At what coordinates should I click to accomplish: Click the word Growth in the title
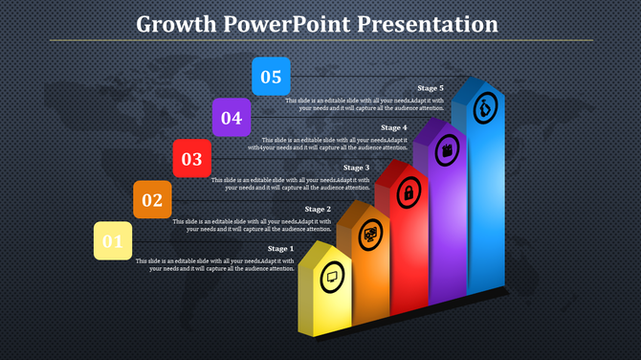174,23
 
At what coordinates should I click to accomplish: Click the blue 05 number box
271,77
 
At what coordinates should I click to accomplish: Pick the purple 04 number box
231,118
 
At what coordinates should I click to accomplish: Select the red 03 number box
191,159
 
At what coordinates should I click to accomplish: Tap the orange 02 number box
152,199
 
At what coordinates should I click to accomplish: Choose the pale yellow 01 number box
113,240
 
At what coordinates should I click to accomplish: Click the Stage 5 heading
431,88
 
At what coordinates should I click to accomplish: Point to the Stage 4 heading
394,127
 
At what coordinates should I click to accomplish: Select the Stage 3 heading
356,168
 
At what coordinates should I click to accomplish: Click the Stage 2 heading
318,209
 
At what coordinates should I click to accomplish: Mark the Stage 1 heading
280,249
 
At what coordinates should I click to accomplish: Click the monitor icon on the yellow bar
332,277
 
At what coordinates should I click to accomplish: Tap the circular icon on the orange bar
370,233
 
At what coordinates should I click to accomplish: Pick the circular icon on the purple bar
447,149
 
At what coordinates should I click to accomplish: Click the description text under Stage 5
365,104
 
